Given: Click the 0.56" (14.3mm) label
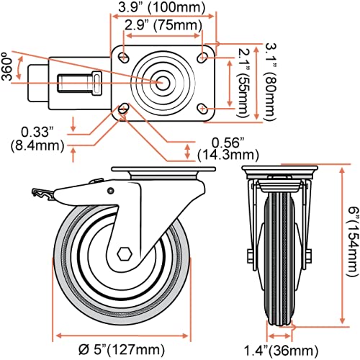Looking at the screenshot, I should (231, 147).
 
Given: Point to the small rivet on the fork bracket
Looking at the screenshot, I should (111, 190).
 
